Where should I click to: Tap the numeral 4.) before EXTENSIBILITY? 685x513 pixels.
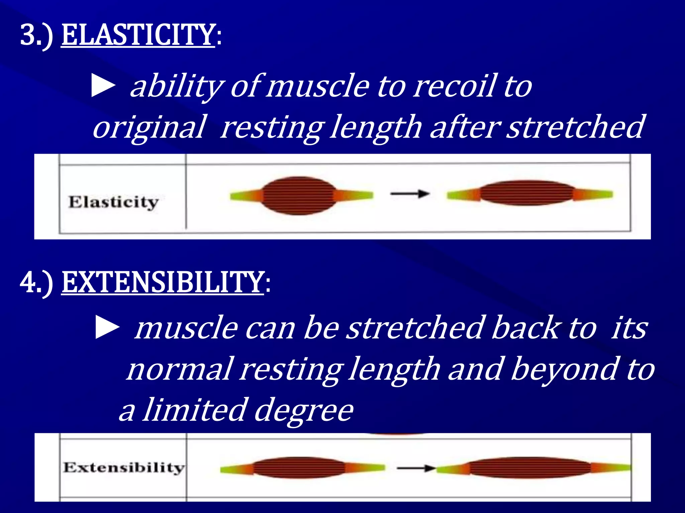point(36,283)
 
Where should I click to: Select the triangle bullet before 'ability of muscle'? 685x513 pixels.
point(103,87)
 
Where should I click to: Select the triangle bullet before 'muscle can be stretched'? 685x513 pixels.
point(107,328)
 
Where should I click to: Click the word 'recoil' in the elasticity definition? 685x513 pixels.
point(454,86)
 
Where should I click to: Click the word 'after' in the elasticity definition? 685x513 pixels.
point(465,127)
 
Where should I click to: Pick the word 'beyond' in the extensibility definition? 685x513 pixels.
point(565,369)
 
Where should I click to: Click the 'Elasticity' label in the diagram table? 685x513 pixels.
point(113,202)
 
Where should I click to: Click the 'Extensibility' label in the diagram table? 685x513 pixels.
point(123,467)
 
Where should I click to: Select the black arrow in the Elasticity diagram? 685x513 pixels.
point(410,193)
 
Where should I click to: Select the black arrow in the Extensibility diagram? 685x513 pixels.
point(416,468)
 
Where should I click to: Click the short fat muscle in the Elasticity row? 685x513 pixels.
point(299,196)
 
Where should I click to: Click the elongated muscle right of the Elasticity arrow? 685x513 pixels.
point(527,193)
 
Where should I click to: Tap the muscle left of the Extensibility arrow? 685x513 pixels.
point(299,468)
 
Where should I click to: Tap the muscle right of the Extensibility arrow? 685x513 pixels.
point(530,468)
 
